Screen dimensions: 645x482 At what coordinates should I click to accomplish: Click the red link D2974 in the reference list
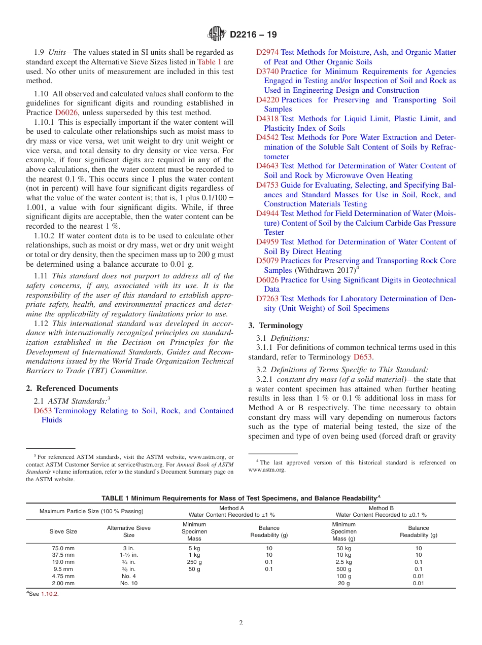[267, 52]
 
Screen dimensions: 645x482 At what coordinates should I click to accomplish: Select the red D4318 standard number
[267, 119]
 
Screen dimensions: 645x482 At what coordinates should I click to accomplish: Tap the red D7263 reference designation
[267, 299]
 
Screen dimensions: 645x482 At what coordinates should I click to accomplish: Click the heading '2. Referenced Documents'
[72, 388]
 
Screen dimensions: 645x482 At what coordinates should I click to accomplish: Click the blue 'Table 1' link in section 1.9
[209, 62]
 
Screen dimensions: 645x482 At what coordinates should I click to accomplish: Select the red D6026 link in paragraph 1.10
[65, 113]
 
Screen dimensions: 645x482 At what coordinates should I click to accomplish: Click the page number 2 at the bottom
[241, 623]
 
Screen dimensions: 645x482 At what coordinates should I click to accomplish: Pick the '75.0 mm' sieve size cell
[63, 548]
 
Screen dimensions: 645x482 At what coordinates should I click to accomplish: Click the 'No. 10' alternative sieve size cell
[128, 583]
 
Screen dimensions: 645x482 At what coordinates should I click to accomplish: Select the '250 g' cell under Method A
[194, 562]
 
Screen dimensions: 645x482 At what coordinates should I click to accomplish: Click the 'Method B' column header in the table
[381, 508]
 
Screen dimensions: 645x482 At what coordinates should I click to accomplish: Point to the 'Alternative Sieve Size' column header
[128, 531]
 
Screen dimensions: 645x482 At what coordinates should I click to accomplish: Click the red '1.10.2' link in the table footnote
[49, 594]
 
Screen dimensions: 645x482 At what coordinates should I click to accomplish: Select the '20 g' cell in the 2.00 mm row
[343, 583]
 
